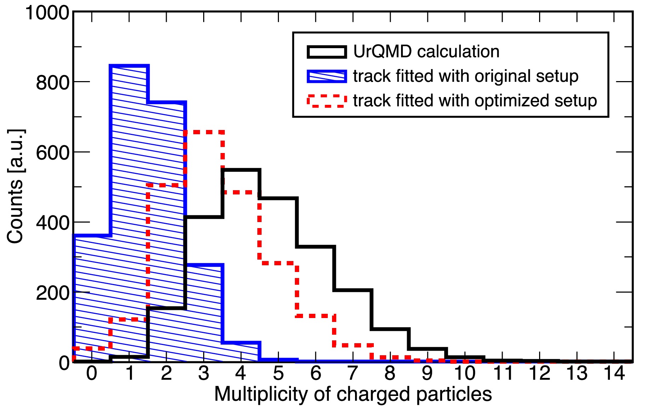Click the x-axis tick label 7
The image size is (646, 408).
353,373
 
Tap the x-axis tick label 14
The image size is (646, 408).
614,373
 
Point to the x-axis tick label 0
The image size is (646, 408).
92,373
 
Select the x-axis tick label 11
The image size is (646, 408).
503,373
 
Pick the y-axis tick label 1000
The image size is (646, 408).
47,13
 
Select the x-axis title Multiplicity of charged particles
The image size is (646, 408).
353,394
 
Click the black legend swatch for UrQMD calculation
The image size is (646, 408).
326,52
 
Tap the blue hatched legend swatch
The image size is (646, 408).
326,76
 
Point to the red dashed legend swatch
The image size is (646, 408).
326,101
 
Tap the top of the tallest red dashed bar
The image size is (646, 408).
204,132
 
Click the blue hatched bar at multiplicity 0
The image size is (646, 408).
92,297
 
